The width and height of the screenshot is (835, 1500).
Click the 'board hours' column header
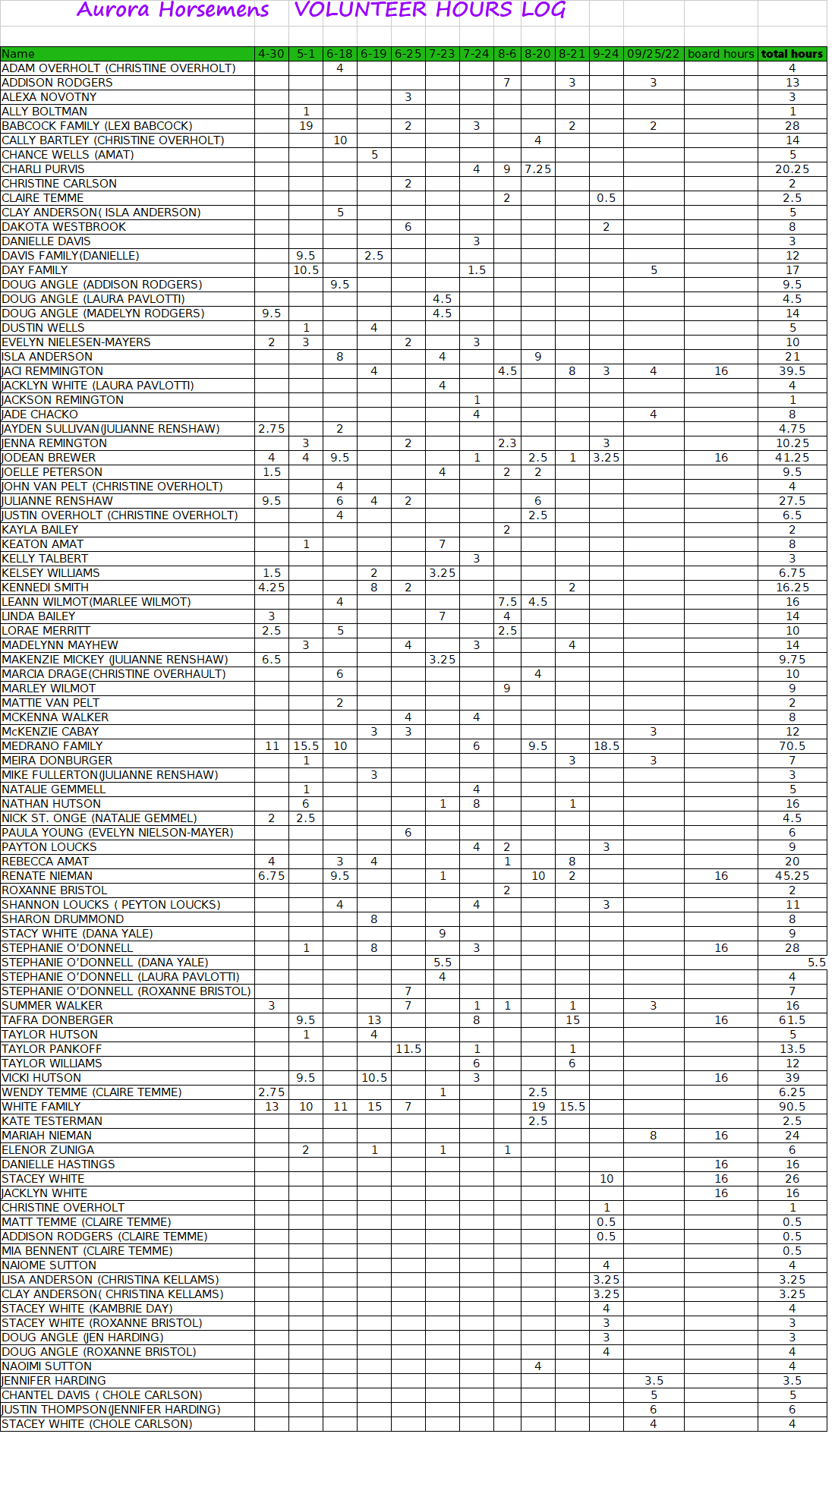(720, 54)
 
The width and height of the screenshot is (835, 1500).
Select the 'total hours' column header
(792, 54)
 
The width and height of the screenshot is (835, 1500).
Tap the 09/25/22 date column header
(653, 54)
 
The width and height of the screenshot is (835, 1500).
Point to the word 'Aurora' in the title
(113, 10)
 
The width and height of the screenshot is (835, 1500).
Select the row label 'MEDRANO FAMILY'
(52, 746)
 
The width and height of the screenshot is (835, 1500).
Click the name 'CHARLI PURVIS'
(43, 169)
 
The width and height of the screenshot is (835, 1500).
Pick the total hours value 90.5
(792, 1107)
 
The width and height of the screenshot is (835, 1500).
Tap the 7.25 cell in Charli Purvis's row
(537, 169)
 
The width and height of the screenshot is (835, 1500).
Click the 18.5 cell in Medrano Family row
(606, 746)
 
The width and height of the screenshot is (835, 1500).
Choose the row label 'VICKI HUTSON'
(41, 1078)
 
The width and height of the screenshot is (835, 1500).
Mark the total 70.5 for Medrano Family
(792, 746)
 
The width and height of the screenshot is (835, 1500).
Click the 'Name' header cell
(18, 54)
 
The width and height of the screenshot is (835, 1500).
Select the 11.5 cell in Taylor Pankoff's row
(408, 1049)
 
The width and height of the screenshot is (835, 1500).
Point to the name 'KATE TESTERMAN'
(52, 1121)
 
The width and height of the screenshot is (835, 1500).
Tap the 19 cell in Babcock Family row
(306, 126)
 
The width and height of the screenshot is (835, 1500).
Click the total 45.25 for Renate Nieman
(792, 876)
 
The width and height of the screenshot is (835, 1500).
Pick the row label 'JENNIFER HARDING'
(54, 1381)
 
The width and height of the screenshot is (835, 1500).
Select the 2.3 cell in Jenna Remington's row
(507, 443)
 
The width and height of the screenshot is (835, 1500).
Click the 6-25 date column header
(408, 54)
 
